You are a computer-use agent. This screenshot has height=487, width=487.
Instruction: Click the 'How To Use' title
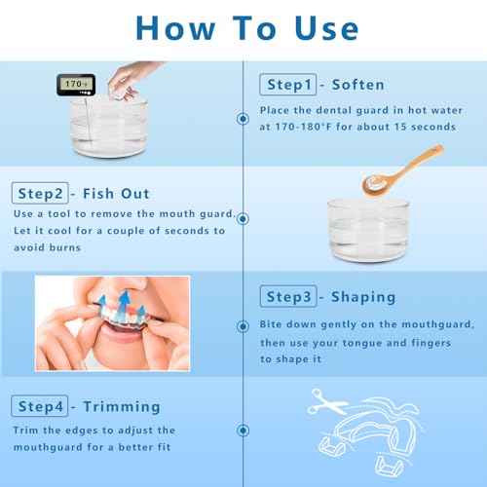[243, 26]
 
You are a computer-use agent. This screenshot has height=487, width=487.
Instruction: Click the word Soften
[359, 85]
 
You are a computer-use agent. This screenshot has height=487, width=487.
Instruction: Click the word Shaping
[366, 296]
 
